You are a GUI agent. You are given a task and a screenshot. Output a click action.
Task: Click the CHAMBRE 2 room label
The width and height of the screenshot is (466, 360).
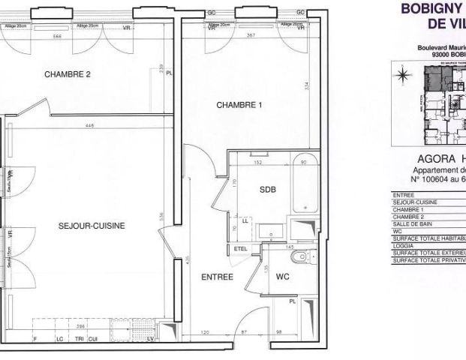coord(67,74)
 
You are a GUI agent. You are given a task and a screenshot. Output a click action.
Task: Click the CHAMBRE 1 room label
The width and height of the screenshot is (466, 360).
coord(239,106)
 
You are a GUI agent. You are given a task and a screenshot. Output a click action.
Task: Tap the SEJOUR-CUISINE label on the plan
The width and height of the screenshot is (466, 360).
coord(91,225)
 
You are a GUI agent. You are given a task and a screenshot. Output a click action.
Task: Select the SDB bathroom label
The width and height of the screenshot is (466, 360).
coord(268,190)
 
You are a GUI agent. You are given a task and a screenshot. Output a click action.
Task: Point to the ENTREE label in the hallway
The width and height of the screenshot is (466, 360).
coord(217,277)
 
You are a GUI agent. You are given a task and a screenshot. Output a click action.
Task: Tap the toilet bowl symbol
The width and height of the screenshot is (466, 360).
coord(301,258)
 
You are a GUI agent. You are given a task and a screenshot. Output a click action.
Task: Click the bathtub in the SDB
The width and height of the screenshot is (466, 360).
coord(304,188)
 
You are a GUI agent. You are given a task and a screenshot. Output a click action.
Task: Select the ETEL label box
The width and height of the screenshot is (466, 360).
coord(241,248)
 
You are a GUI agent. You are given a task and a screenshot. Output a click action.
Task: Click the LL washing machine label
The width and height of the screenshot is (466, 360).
coord(245,222)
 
